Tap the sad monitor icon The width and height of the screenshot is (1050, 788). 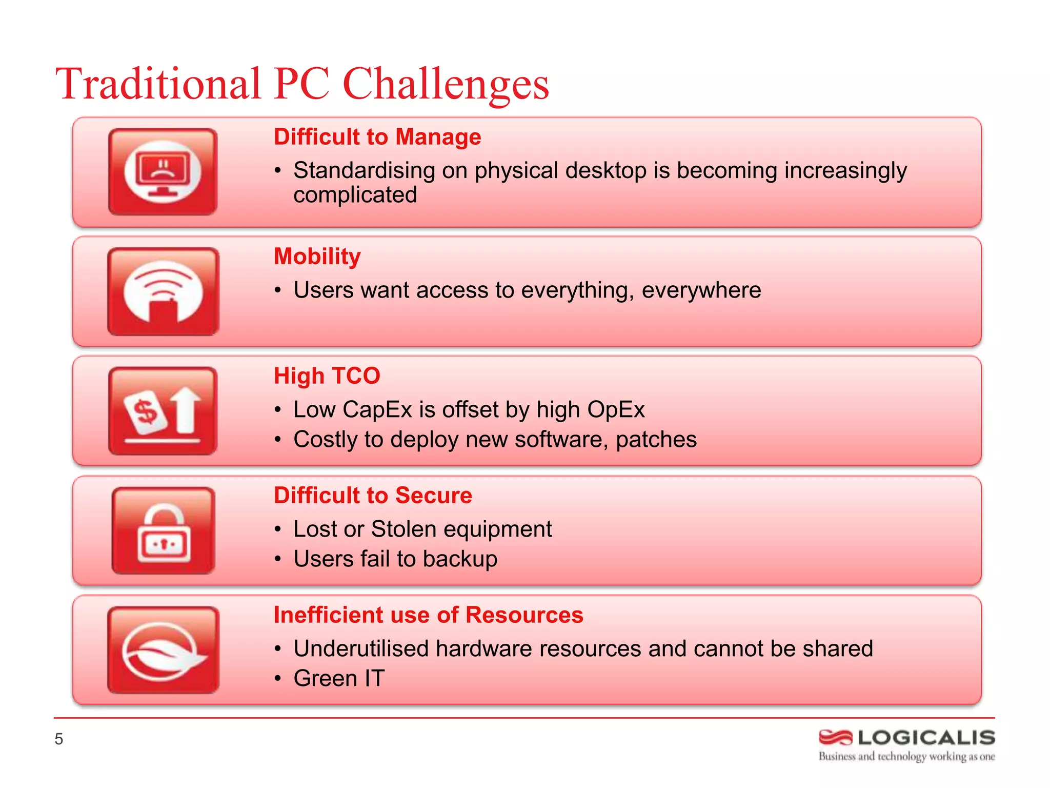click(x=163, y=172)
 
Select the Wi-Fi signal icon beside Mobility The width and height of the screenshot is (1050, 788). click(x=163, y=291)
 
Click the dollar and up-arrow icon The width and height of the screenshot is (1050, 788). click(x=163, y=411)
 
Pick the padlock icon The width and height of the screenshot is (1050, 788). click(x=163, y=530)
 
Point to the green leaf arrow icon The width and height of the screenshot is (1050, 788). click(x=163, y=650)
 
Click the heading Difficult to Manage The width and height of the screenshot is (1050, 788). click(x=377, y=137)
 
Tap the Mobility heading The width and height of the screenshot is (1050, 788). click(x=317, y=257)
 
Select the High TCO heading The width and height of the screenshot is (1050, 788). click(x=327, y=376)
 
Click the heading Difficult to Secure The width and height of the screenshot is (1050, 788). click(x=373, y=496)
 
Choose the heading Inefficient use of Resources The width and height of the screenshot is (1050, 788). click(x=428, y=615)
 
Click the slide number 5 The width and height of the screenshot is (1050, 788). click(x=59, y=739)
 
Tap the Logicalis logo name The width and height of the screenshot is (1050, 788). click(x=926, y=738)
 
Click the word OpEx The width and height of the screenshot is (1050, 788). click(x=616, y=410)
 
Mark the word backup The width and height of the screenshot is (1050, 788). click(x=460, y=559)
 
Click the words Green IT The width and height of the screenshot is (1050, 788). click(x=339, y=679)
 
